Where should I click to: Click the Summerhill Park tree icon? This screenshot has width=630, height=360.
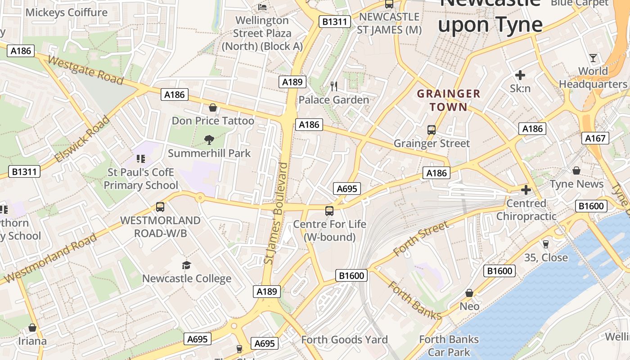click(209, 140)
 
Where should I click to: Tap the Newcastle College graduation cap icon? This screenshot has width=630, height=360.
click(186, 265)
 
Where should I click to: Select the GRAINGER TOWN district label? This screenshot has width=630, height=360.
click(448, 100)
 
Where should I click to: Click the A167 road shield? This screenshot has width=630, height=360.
click(595, 138)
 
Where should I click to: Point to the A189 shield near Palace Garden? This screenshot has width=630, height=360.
click(292, 82)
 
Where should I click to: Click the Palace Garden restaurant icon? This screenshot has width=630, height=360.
click(334, 86)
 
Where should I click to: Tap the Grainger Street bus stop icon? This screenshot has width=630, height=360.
click(432, 130)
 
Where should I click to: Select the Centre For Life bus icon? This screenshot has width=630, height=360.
click(329, 211)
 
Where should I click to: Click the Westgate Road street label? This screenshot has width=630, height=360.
click(85, 71)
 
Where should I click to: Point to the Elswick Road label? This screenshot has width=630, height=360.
click(82, 139)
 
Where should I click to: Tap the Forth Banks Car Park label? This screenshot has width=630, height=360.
click(449, 346)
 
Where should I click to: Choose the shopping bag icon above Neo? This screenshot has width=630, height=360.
click(469, 293)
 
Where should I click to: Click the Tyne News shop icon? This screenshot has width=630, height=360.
click(576, 171)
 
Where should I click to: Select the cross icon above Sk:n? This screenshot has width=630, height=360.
click(520, 75)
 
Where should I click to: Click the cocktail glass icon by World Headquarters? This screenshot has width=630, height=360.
click(593, 58)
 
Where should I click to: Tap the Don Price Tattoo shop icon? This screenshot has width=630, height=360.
click(213, 108)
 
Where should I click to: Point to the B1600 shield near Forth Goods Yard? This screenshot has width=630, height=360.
click(351, 275)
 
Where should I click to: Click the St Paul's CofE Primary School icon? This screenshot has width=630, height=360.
click(141, 159)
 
